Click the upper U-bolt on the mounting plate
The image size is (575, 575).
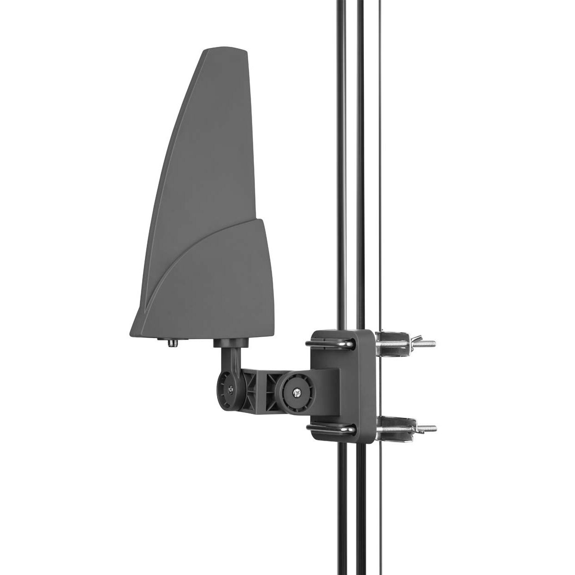tap(330, 342)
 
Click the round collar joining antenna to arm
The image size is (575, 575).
tap(230, 342)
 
